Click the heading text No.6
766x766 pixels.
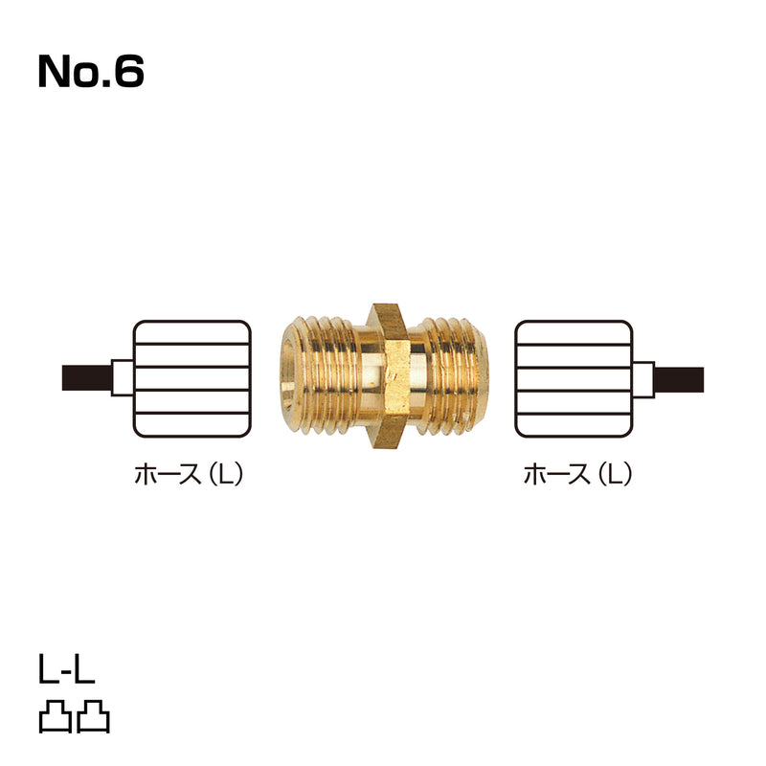[x=91, y=71]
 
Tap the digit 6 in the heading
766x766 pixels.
[x=129, y=71]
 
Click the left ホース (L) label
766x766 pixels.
[x=189, y=474]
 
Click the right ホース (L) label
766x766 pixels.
[x=577, y=474]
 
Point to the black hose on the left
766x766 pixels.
[x=87, y=378]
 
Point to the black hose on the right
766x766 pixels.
[x=679, y=379]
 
